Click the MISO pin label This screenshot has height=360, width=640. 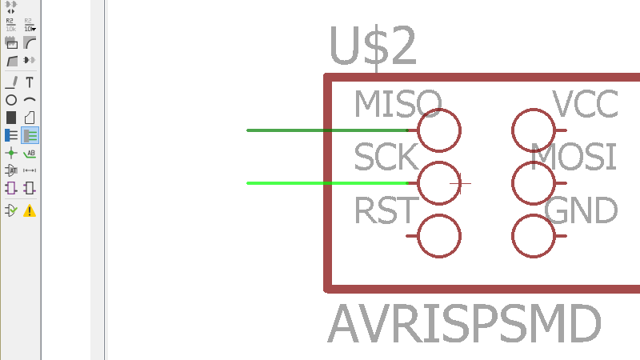pos(398,103)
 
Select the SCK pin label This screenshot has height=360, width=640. pos(386,158)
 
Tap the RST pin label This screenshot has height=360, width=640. pos(386,211)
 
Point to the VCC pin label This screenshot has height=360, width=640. pos(586,103)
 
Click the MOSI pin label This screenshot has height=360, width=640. pos(574,158)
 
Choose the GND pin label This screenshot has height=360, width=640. pos(581,211)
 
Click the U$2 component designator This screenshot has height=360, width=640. pos(373,47)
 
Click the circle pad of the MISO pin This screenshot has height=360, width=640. pos(439,130)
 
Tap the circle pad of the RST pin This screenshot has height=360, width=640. pos(439,236)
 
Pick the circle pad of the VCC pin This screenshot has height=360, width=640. pos(534,130)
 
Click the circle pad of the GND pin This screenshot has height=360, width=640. pos(534,236)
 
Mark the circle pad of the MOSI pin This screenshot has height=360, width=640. pos(534,183)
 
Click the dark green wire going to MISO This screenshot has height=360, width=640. pos(320,130)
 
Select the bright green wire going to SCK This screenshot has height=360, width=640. pos(320,183)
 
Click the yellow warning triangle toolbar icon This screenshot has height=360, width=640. pos(30,211)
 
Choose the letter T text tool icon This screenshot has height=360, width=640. pos(30,82)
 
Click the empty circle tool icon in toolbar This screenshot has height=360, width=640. pos(11,100)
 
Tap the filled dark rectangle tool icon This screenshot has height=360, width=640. pos(11,118)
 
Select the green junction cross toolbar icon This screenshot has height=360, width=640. pos(11,153)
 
